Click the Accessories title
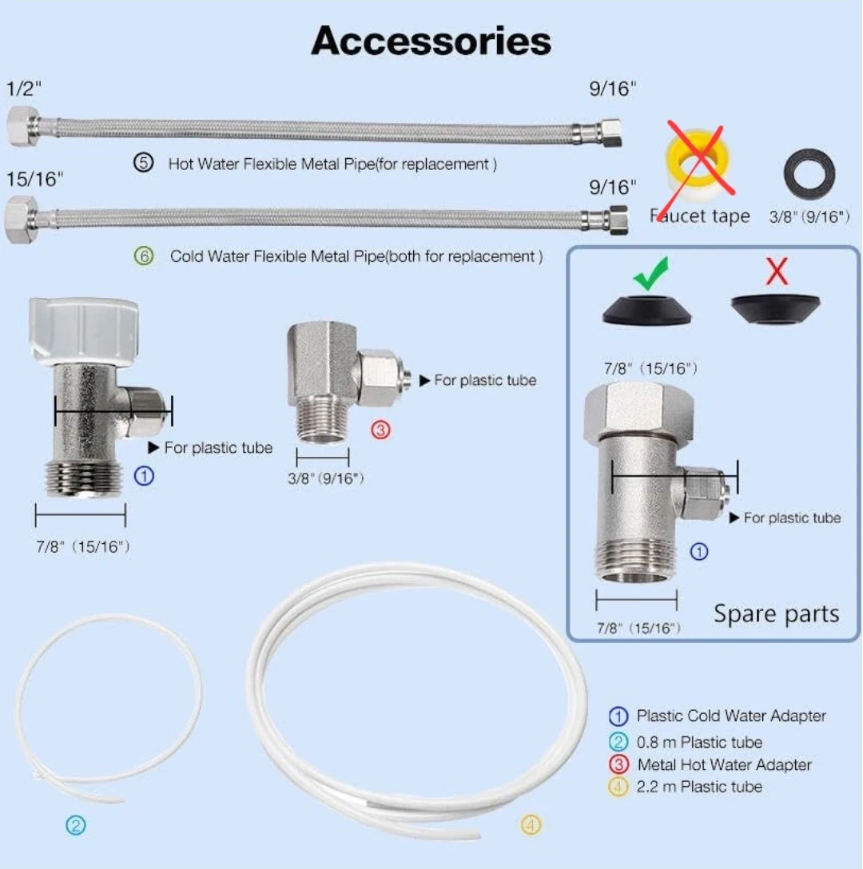[431, 41]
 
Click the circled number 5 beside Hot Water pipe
[142, 164]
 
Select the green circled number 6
[143, 257]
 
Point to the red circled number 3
[380, 430]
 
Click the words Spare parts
[776, 613]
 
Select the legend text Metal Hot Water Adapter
[724, 764]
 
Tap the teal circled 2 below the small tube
[75, 825]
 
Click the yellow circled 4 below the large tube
[531, 823]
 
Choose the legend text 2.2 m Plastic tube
[699, 787]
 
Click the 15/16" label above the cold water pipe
[34, 180]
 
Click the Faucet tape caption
[700, 216]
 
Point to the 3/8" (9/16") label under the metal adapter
[326, 478]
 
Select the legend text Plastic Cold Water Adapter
[731, 716]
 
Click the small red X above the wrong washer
[777, 273]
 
